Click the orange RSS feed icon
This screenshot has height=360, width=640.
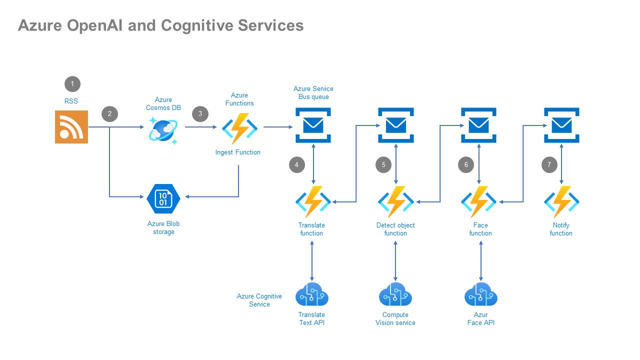coord(71,127)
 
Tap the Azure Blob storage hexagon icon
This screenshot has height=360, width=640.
coord(163,198)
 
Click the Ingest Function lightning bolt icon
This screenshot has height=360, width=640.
coord(240,128)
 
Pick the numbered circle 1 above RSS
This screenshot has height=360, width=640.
coord(72,83)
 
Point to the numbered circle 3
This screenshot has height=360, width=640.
coord(200,114)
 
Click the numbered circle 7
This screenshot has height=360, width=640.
coord(549,164)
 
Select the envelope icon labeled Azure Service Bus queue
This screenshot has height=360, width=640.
coord(313,125)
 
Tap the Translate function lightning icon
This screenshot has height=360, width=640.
coord(313,201)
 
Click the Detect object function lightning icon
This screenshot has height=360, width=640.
coord(396,201)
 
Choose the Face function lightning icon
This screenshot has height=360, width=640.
coord(479,201)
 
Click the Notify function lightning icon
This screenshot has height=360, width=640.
coord(561,201)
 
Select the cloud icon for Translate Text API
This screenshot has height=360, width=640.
coord(312,295)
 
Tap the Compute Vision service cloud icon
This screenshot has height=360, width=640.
coord(395,295)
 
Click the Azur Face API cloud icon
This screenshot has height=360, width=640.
coord(481,295)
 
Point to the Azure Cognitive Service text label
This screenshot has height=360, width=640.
coord(259,300)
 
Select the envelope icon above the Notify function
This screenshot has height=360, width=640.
coord(561,125)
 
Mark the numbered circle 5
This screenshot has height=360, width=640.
coord(383,164)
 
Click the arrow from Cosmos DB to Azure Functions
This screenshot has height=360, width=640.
coord(202,127)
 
